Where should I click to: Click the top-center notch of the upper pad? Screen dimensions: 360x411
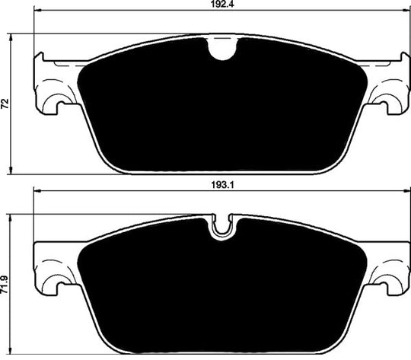coord(221,49)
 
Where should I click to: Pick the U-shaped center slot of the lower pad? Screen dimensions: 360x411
coord(222,226)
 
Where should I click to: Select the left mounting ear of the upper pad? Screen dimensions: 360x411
coord(53,84)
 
